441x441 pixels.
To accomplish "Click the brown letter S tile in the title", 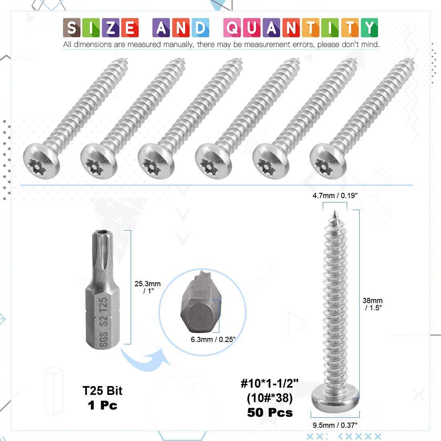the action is [72, 28].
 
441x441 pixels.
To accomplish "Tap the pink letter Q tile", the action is [232, 28].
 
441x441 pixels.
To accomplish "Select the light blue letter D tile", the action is [200, 28].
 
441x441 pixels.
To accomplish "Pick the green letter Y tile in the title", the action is [369, 28].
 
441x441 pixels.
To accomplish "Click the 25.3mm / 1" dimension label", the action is [148, 287].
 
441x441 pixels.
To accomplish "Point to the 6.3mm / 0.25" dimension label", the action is [213, 340].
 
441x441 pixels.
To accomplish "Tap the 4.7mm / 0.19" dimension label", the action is [335, 196].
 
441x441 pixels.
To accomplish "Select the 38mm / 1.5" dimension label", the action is [373, 304].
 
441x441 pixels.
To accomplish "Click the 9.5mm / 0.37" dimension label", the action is [335, 425].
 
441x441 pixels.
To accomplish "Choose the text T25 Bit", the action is [102, 390].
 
